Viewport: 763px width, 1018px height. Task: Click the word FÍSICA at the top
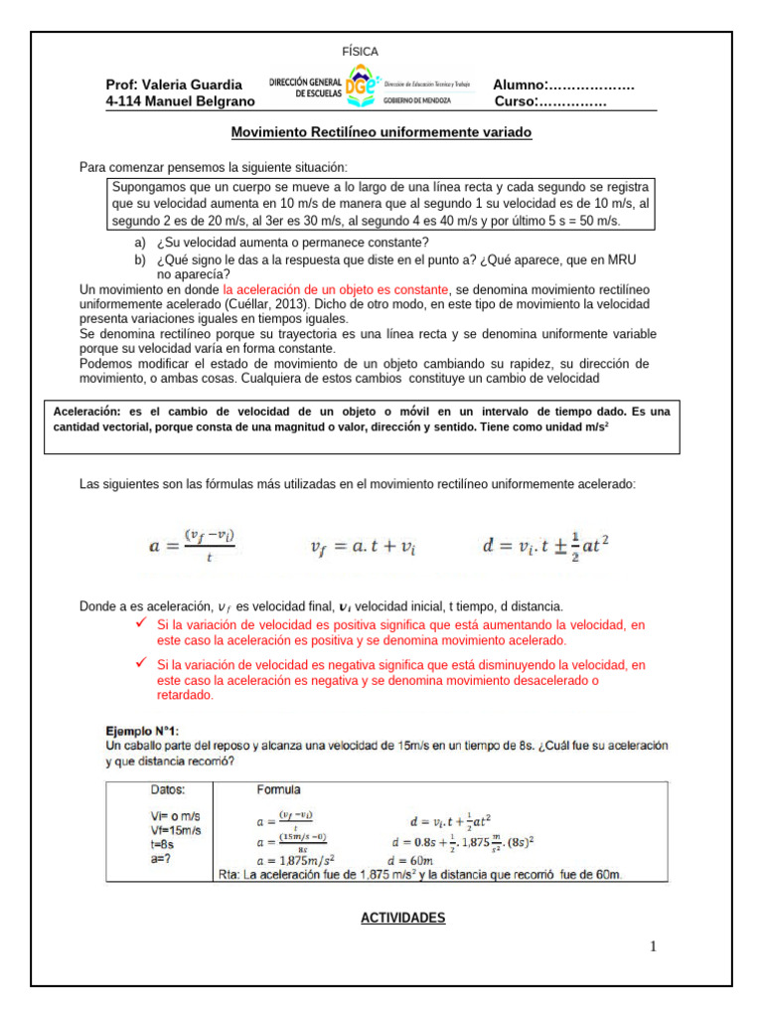coord(360,51)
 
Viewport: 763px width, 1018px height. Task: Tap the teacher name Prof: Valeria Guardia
coord(174,85)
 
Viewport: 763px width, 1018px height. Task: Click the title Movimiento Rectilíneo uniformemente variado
coord(381,132)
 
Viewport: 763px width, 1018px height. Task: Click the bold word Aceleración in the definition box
coord(86,411)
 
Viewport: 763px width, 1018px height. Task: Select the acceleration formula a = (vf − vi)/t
coord(193,545)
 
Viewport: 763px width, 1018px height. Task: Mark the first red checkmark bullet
coord(141,623)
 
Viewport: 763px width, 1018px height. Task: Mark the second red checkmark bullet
coord(141,663)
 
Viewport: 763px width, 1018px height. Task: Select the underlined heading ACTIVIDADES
coord(402,918)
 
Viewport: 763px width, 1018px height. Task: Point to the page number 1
coord(654,946)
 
